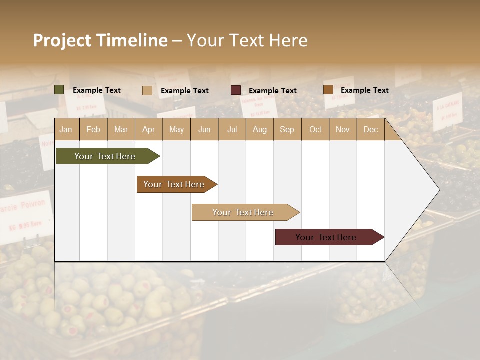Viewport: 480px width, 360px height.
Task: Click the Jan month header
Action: pyautogui.click(x=66, y=129)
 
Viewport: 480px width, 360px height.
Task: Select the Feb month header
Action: pyautogui.click(x=93, y=129)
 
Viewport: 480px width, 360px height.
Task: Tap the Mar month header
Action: pyautogui.click(x=121, y=129)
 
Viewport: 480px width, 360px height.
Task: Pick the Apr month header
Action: pyautogui.click(x=149, y=129)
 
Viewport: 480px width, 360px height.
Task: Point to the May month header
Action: pyautogui.click(x=176, y=129)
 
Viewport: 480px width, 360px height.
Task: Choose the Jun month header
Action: pyautogui.click(x=204, y=129)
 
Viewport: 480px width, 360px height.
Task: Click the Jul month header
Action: pyautogui.click(x=232, y=129)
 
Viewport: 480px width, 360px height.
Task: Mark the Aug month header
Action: pyautogui.click(x=260, y=129)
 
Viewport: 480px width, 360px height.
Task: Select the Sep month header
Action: pyautogui.click(x=287, y=129)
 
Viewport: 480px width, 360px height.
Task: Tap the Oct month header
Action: pyautogui.click(x=315, y=129)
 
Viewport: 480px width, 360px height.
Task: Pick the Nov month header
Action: pyautogui.click(x=343, y=129)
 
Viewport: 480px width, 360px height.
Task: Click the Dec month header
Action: pyautogui.click(x=371, y=129)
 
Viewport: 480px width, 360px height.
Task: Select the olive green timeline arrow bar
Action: pyautogui.click(x=105, y=156)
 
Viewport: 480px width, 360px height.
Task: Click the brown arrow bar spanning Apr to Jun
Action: pyautogui.click(x=174, y=184)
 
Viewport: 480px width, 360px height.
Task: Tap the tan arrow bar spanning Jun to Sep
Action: pyautogui.click(x=243, y=212)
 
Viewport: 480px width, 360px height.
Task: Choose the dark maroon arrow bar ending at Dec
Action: pyautogui.click(x=326, y=237)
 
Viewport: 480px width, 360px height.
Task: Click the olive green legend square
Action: pyautogui.click(x=59, y=90)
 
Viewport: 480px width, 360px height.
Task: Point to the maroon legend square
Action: pyautogui.click(x=236, y=90)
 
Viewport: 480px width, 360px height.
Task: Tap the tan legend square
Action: pyautogui.click(x=147, y=90)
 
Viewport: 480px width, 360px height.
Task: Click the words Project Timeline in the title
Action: pyautogui.click(x=100, y=40)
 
